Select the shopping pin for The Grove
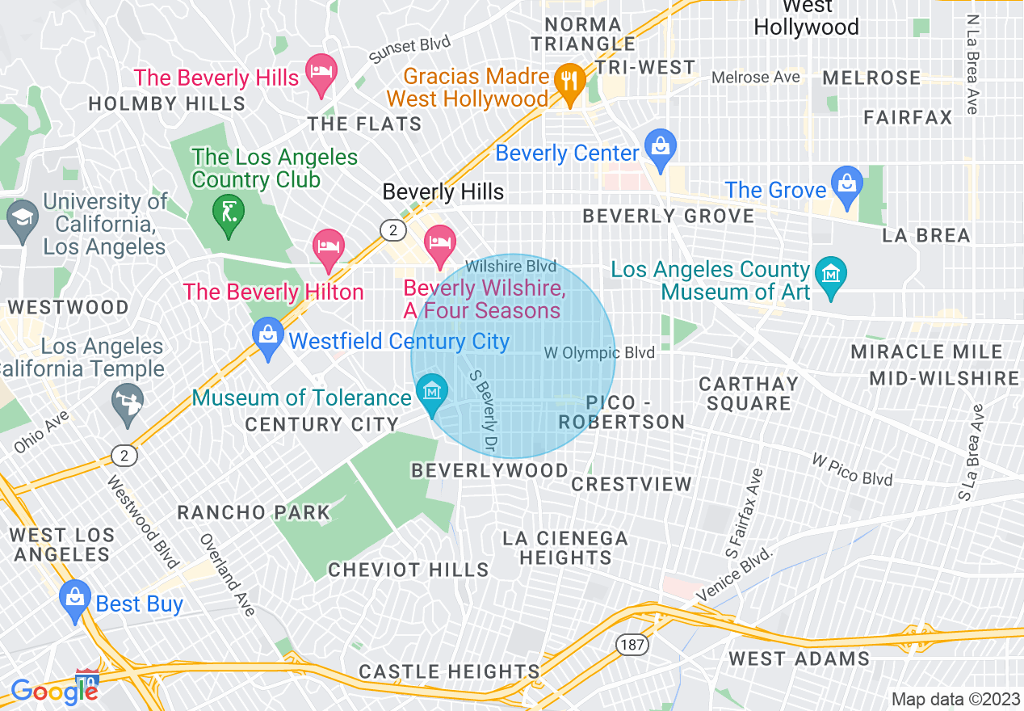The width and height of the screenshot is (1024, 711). point(846,183)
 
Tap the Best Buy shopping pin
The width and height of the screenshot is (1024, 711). point(74,600)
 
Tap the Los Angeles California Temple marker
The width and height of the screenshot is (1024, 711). point(128,402)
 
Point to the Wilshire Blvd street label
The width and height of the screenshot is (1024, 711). point(510,266)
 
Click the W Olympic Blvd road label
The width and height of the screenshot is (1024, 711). point(598,353)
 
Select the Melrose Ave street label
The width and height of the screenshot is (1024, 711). point(756,78)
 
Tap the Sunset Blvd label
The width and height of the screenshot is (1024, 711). point(409,49)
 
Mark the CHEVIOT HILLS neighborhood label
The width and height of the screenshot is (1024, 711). point(408,570)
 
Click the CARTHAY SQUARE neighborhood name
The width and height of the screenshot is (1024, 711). point(749,393)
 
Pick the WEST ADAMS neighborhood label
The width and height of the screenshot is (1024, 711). point(799,658)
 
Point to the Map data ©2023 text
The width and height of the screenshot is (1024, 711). point(955,699)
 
